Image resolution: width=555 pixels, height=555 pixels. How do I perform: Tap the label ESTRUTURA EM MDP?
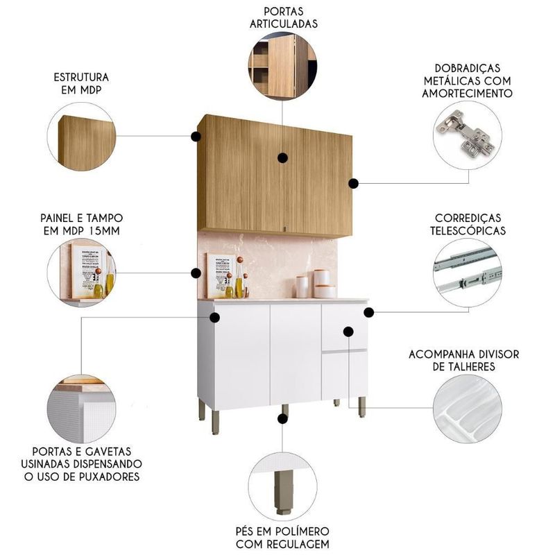click(x=81, y=83)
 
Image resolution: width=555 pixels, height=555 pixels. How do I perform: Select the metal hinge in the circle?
click(x=465, y=134)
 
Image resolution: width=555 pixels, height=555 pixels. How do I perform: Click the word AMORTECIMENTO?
click(x=467, y=94)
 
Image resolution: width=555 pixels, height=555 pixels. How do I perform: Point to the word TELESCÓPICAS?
click(x=468, y=231)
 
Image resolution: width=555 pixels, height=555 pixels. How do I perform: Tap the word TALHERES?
click(x=463, y=367)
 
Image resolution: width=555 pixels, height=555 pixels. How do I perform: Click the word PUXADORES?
click(x=109, y=477)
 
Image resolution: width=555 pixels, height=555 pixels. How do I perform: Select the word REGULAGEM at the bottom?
click(x=300, y=544)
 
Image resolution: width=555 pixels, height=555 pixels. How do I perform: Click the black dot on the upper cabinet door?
click(x=282, y=158)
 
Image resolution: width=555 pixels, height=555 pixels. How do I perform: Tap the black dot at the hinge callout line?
click(x=353, y=183)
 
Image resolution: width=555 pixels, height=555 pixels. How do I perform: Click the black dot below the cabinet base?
click(x=282, y=419)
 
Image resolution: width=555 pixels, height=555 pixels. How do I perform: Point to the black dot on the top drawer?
click(x=348, y=332)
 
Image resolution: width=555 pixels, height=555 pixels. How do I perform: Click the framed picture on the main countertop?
click(x=221, y=276)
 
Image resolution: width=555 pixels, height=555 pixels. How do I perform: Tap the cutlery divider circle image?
click(x=467, y=409)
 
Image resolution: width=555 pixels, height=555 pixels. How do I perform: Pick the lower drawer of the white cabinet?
click(x=344, y=375)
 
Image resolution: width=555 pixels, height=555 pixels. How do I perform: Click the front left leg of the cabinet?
click(x=215, y=422)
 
